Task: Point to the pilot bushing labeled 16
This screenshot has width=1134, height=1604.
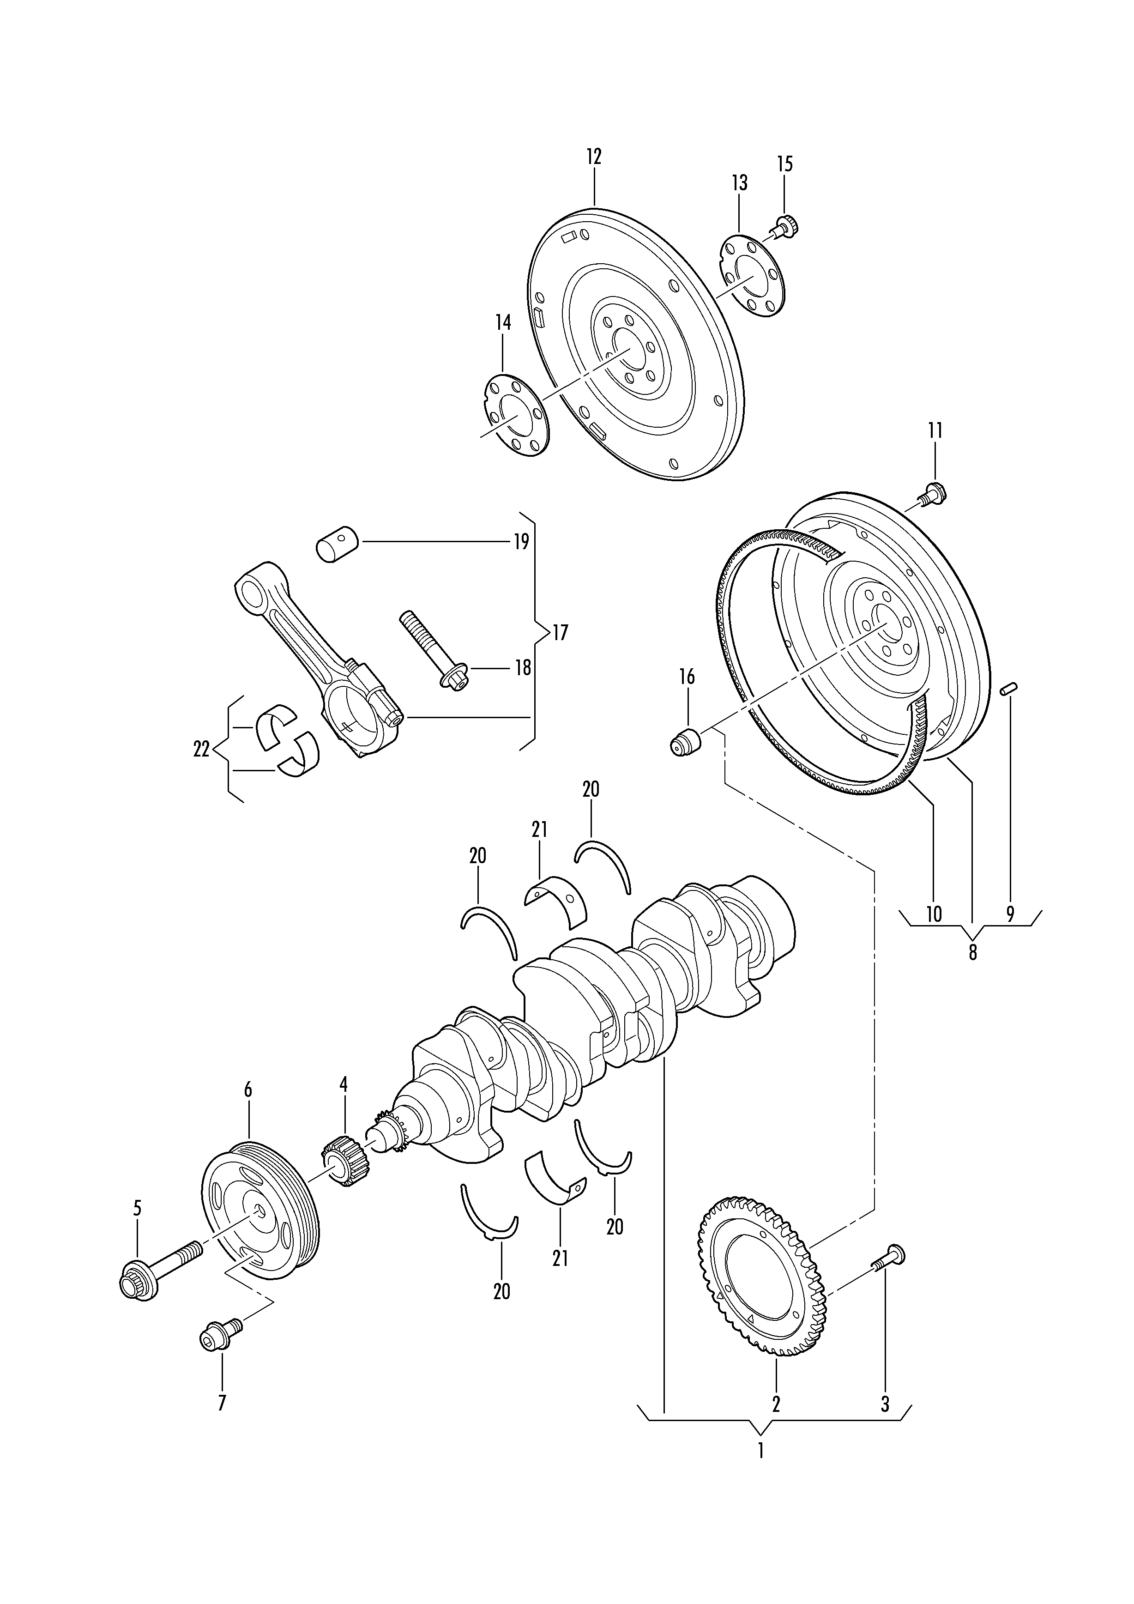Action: (685, 741)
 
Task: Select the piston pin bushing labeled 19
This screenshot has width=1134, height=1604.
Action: (337, 544)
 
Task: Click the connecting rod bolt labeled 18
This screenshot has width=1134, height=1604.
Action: (434, 653)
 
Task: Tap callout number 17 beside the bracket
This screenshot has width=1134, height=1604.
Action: (560, 633)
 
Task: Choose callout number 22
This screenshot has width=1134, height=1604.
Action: (201, 750)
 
